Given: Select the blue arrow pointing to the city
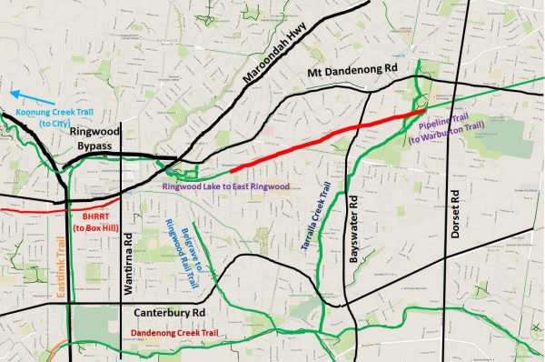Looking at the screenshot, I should [x=35, y=93].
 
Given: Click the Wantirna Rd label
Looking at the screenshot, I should [x=128, y=266].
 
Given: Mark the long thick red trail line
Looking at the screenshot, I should [x=318, y=140].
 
